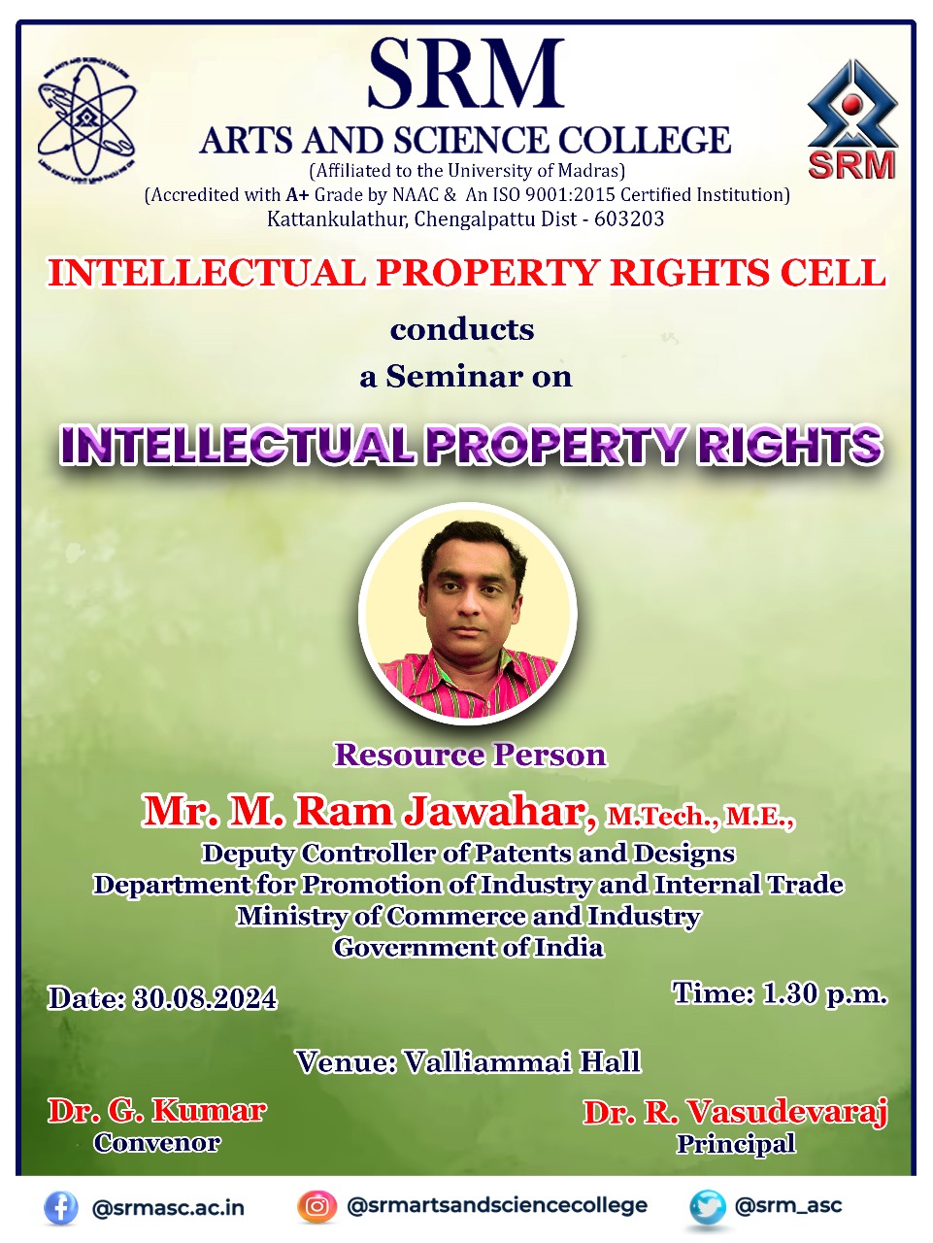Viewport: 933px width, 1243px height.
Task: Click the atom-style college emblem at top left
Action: tap(86, 118)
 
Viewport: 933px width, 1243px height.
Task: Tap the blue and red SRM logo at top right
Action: tap(852, 118)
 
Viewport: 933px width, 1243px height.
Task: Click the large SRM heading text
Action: tap(466, 73)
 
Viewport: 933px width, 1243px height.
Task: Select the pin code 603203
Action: tap(629, 218)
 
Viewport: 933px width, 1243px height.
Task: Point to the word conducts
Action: tap(462, 330)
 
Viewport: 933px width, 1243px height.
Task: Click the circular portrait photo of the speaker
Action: tap(468, 614)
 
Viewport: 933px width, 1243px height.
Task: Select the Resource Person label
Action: tap(470, 755)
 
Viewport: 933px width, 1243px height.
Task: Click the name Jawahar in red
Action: tap(499, 812)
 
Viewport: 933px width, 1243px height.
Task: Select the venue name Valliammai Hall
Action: tap(522, 1061)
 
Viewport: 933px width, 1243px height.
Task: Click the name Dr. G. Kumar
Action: tap(157, 1111)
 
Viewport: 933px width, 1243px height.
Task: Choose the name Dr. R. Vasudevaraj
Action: tap(735, 1113)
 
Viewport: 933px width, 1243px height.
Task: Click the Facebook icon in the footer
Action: tap(61, 1207)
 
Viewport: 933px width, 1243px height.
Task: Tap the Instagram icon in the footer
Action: tap(317, 1206)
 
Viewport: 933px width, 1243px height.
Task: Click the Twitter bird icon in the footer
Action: tap(708, 1206)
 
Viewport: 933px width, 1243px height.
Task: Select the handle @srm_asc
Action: tap(787, 1206)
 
